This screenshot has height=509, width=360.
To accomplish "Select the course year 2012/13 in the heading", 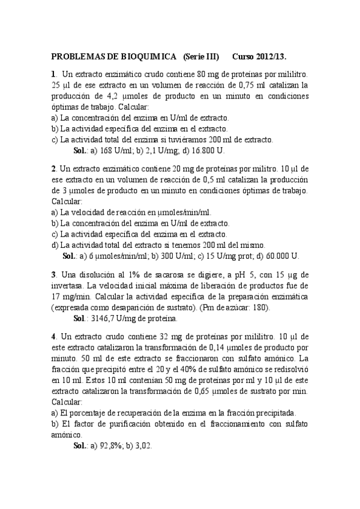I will coord(272,56).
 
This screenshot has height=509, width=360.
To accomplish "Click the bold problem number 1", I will coord(53,74).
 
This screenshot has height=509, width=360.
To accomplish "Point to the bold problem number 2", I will coord(53,170).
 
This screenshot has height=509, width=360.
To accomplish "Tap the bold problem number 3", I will coord(53,275).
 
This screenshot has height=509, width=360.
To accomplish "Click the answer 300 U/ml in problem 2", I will coord(169,255).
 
